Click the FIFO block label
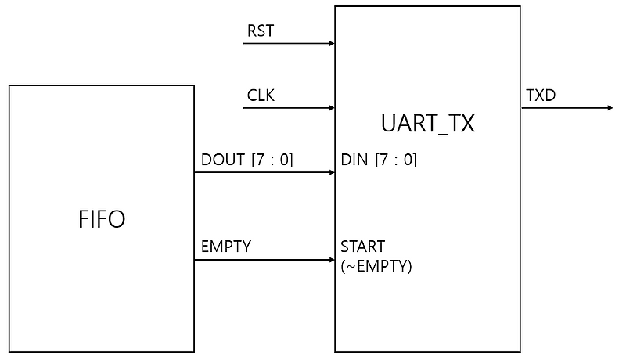102,219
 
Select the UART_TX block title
427,124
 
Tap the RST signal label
261,31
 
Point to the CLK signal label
261,96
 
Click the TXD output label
541,95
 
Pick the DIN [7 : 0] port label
379,160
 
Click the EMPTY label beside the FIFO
226,247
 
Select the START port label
362,247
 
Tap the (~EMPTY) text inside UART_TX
376,266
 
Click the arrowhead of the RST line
330,43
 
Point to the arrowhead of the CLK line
330,108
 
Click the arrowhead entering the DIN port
330,173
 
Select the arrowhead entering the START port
330,259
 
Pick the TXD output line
563,108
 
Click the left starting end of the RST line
245,43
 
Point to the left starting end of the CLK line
245,108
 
